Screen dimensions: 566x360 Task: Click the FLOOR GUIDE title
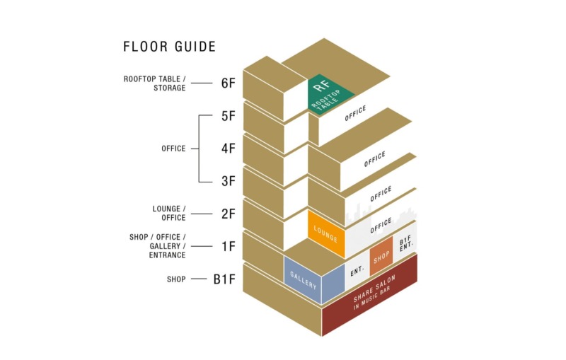[169, 47]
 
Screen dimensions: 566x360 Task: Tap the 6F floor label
[228, 83]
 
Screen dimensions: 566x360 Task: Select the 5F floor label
[228, 116]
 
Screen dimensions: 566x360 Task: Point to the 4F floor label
[228, 149]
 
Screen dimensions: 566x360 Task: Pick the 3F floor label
[228, 181]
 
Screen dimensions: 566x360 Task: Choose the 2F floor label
[228, 214]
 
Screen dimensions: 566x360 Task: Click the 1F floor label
[228, 246]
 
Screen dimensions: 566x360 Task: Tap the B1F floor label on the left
[224, 279]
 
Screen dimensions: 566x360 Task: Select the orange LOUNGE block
[326, 234]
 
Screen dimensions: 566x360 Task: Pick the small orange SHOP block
[381, 257]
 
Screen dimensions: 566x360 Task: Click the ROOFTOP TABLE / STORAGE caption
[154, 83]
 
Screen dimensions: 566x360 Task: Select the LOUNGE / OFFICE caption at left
[169, 213]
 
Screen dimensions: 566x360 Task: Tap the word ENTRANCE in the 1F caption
[167, 255]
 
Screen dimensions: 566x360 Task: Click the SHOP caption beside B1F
[176, 279]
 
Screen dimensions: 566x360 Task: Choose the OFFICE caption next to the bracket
[173, 149]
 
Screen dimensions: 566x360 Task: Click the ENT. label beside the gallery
[357, 271]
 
